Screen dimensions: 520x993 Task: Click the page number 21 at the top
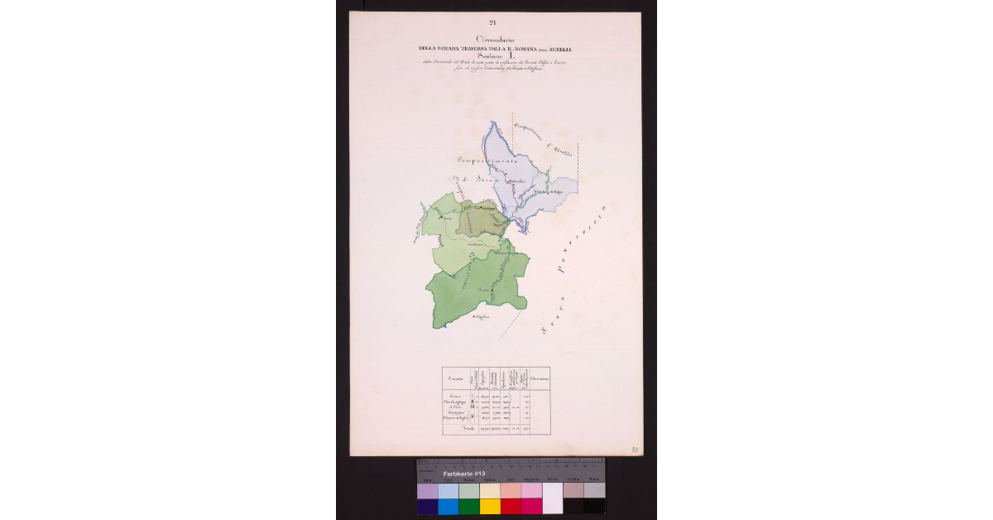tap(492, 22)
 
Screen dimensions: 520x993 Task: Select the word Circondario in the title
tap(494, 39)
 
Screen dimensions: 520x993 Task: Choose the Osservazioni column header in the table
tap(539, 378)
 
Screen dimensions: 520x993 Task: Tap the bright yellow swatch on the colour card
tap(490, 506)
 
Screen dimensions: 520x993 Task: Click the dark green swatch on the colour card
tap(469, 506)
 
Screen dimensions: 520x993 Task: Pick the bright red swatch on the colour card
tap(511, 506)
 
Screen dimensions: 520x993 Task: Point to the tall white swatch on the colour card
tap(552, 498)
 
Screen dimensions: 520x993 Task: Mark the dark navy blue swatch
tap(428, 506)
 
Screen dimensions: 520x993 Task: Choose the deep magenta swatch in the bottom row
tap(531, 506)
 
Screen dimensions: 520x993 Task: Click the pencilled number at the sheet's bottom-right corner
tap(634, 448)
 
